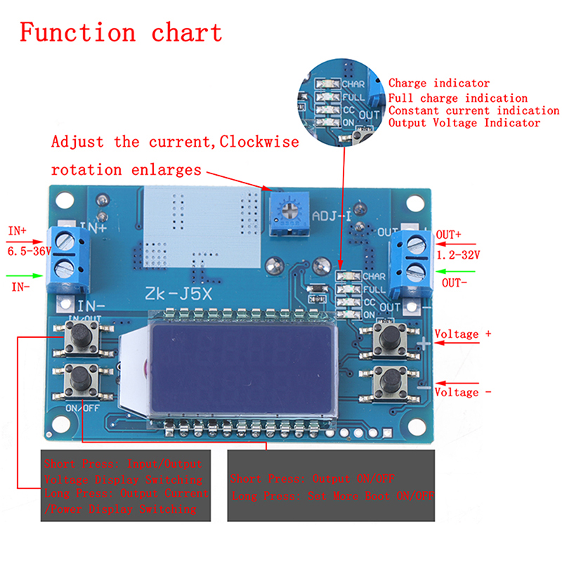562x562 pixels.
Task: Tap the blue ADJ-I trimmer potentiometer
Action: click(x=285, y=209)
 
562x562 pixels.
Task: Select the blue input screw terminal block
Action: click(x=68, y=258)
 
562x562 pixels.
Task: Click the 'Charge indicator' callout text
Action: click(x=439, y=84)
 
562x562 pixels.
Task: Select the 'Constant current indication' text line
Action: click(x=473, y=110)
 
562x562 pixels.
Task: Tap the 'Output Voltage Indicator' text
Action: click(x=464, y=123)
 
